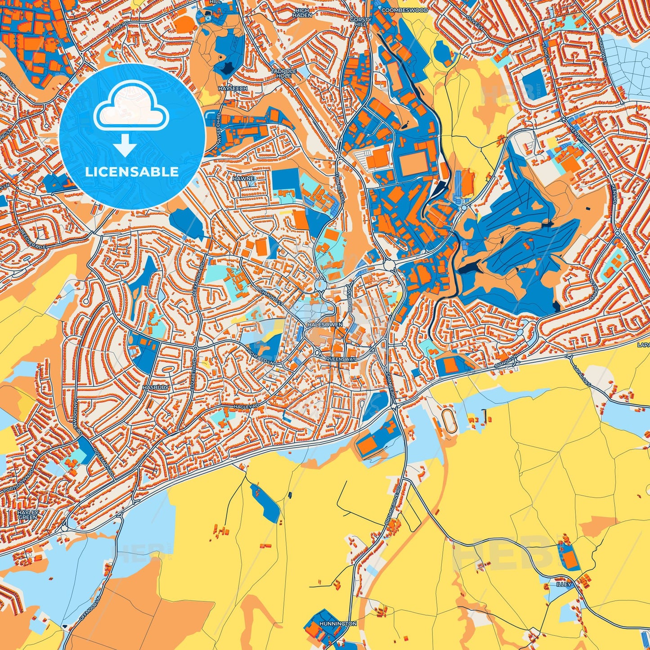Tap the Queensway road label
coord(341,359)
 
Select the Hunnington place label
coord(338,624)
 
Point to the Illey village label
coord(563,584)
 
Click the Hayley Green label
coord(27,515)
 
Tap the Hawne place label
coord(243,179)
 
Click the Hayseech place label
coord(233,89)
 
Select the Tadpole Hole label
coord(281,73)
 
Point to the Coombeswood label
coord(404,9)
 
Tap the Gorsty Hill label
coord(360,22)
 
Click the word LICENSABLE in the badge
coord(132,172)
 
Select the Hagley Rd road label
coord(247,407)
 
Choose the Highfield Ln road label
coord(260,357)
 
